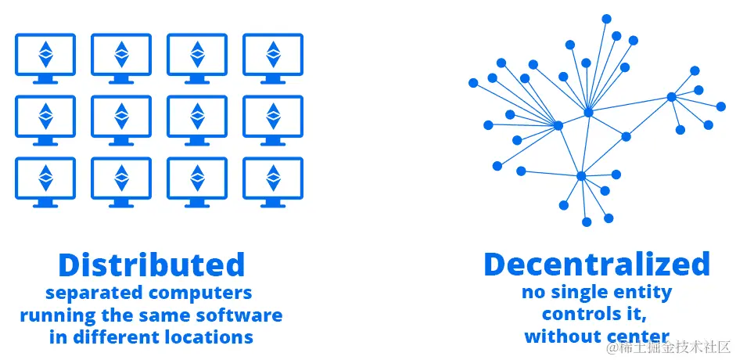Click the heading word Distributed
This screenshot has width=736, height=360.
(x=152, y=265)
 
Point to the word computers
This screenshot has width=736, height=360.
(x=206, y=293)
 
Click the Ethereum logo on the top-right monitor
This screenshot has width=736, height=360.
(x=273, y=53)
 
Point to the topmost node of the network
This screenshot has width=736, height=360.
(x=606, y=17)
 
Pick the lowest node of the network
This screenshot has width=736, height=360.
(x=587, y=222)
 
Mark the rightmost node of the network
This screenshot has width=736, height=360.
(x=721, y=106)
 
